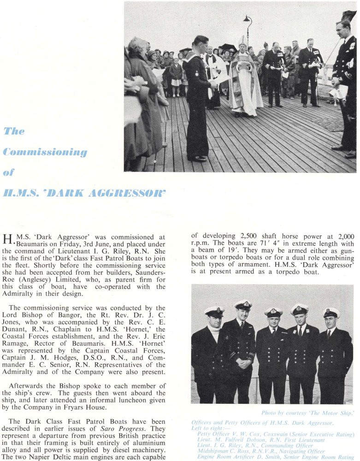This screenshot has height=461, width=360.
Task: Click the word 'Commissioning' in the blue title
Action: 45,152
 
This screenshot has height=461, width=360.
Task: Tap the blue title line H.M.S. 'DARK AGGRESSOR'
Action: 84,192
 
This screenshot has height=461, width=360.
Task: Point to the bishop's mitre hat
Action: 242,41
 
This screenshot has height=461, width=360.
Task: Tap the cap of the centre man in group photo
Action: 273,312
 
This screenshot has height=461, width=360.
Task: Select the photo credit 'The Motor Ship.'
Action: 330,413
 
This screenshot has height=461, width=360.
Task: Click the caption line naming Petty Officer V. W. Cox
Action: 275,434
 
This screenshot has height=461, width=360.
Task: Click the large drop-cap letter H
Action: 7,240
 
